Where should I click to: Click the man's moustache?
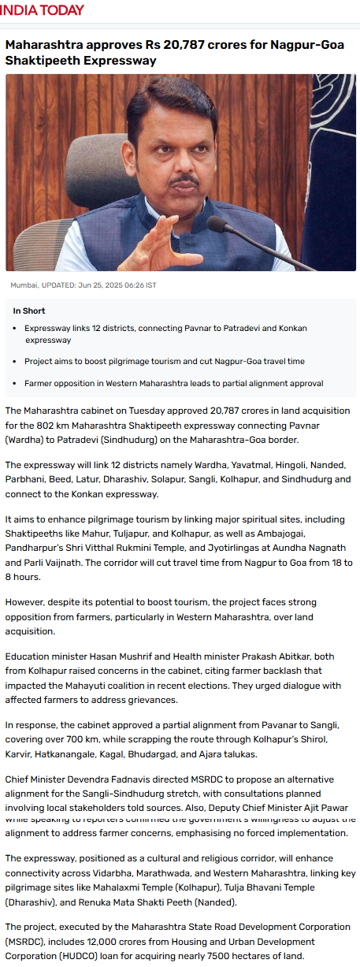tap(183, 180)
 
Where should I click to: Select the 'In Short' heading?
tap(28, 311)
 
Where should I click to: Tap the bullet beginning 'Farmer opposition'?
tap(173, 383)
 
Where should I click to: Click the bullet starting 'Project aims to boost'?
tap(164, 361)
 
